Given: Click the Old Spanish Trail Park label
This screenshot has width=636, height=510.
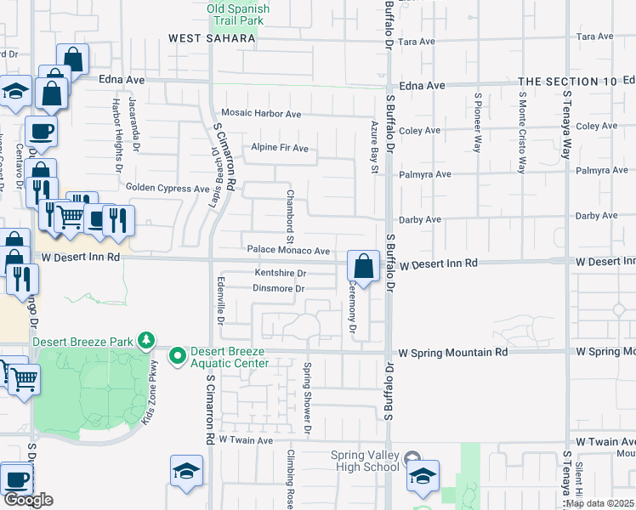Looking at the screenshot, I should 238,15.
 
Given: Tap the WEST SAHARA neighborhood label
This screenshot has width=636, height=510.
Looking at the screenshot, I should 212,38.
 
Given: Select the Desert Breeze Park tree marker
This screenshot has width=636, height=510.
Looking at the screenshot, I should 146,342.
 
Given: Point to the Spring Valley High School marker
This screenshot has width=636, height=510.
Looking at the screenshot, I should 412,456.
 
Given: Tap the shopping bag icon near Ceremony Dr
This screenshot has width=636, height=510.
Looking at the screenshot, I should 363,266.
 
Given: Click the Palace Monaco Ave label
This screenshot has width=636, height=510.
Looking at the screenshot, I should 288,251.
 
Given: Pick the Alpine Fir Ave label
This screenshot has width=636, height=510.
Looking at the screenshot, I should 279,148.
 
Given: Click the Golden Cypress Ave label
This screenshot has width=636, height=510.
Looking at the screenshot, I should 167,188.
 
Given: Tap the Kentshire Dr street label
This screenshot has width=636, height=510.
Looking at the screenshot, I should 280,274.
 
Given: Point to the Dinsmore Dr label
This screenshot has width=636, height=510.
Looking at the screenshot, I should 278,289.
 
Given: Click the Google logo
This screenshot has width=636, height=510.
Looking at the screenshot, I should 28,500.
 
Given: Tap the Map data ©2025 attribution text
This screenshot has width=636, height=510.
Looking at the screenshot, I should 599,503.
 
